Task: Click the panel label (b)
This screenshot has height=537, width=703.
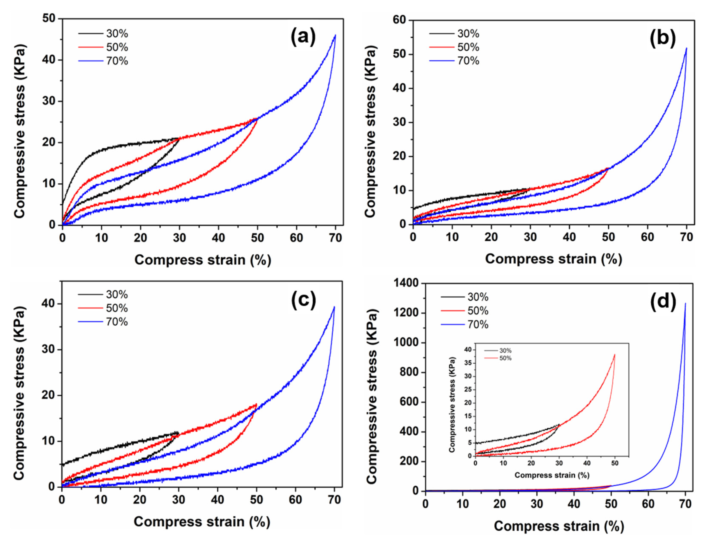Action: (663, 38)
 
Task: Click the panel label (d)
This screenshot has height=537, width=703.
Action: (663, 301)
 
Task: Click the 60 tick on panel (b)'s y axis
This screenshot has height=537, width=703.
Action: (399, 20)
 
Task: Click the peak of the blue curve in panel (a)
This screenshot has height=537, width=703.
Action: (335, 35)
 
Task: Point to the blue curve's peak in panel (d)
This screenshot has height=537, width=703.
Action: (685, 303)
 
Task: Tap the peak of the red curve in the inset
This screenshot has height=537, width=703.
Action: (614, 354)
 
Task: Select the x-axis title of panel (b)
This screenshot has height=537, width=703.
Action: (553, 259)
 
